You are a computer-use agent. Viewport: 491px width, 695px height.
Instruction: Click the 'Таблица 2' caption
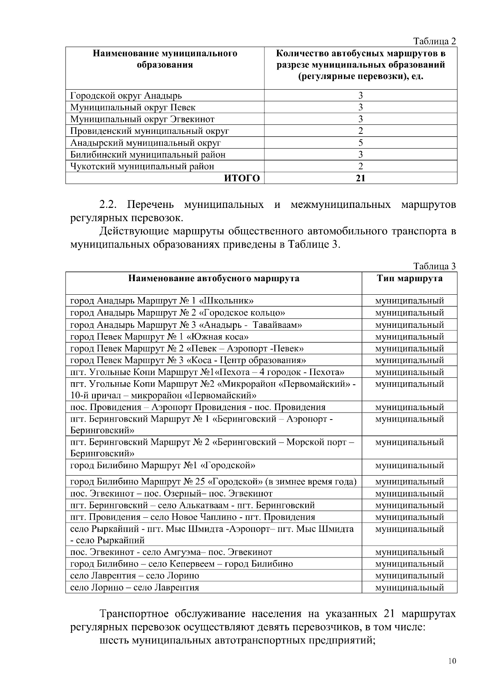pyautogui.click(x=435, y=41)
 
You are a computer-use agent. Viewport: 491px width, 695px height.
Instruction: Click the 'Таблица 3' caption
pyautogui.click(x=435, y=266)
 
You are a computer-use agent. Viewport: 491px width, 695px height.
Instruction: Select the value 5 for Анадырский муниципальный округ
pyautogui.click(x=360, y=143)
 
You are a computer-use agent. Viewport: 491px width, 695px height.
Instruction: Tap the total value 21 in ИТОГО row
pyautogui.click(x=360, y=178)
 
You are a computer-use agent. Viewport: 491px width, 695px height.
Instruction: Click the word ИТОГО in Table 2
pyautogui.click(x=241, y=178)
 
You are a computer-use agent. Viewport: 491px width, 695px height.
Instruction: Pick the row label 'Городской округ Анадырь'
pyautogui.click(x=126, y=96)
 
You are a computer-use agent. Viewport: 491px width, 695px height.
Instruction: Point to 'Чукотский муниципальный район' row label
pyautogui.click(x=142, y=167)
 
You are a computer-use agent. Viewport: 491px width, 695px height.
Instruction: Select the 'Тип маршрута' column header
pyautogui.click(x=409, y=279)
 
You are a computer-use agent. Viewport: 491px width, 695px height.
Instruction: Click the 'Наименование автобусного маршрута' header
pyautogui.click(x=214, y=279)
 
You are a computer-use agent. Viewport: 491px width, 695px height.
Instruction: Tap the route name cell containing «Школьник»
pyautogui.click(x=162, y=301)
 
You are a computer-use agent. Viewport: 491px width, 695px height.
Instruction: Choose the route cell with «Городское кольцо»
pyautogui.click(x=178, y=313)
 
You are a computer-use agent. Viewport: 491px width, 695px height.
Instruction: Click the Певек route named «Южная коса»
pyautogui.click(x=160, y=337)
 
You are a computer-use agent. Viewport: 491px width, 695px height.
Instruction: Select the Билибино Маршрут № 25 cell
pyautogui.click(x=213, y=482)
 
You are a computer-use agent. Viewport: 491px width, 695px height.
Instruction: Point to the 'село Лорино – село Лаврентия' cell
pyautogui.click(x=135, y=588)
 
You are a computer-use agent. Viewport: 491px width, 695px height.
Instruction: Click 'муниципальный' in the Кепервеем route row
pyautogui.click(x=409, y=564)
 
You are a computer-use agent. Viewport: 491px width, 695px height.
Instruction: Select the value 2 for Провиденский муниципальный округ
pyautogui.click(x=360, y=131)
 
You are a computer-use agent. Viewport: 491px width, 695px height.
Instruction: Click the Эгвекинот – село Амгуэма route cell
pyautogui.click(x=171, y=552)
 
